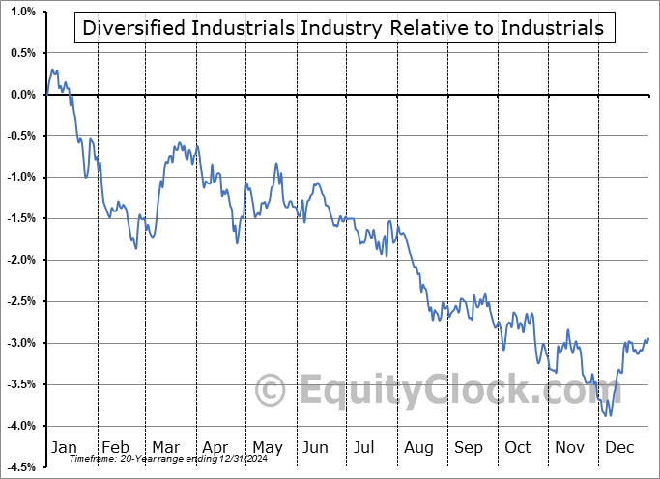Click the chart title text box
(343, 28)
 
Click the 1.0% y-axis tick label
(23, 12)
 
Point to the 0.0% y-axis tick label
(23, 95)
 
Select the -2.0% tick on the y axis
(21, 260)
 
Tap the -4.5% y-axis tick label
(21, 467)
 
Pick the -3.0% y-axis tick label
(21, 343)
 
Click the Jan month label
(65, 448)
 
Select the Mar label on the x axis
(164, 448)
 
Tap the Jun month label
(315, 448)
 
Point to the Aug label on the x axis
(417, 448)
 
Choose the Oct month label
(518, 448)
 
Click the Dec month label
(619, 448)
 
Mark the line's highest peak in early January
(52, 70)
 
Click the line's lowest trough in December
(610, 416)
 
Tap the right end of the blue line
(647, 338)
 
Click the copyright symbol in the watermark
(271, 391)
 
